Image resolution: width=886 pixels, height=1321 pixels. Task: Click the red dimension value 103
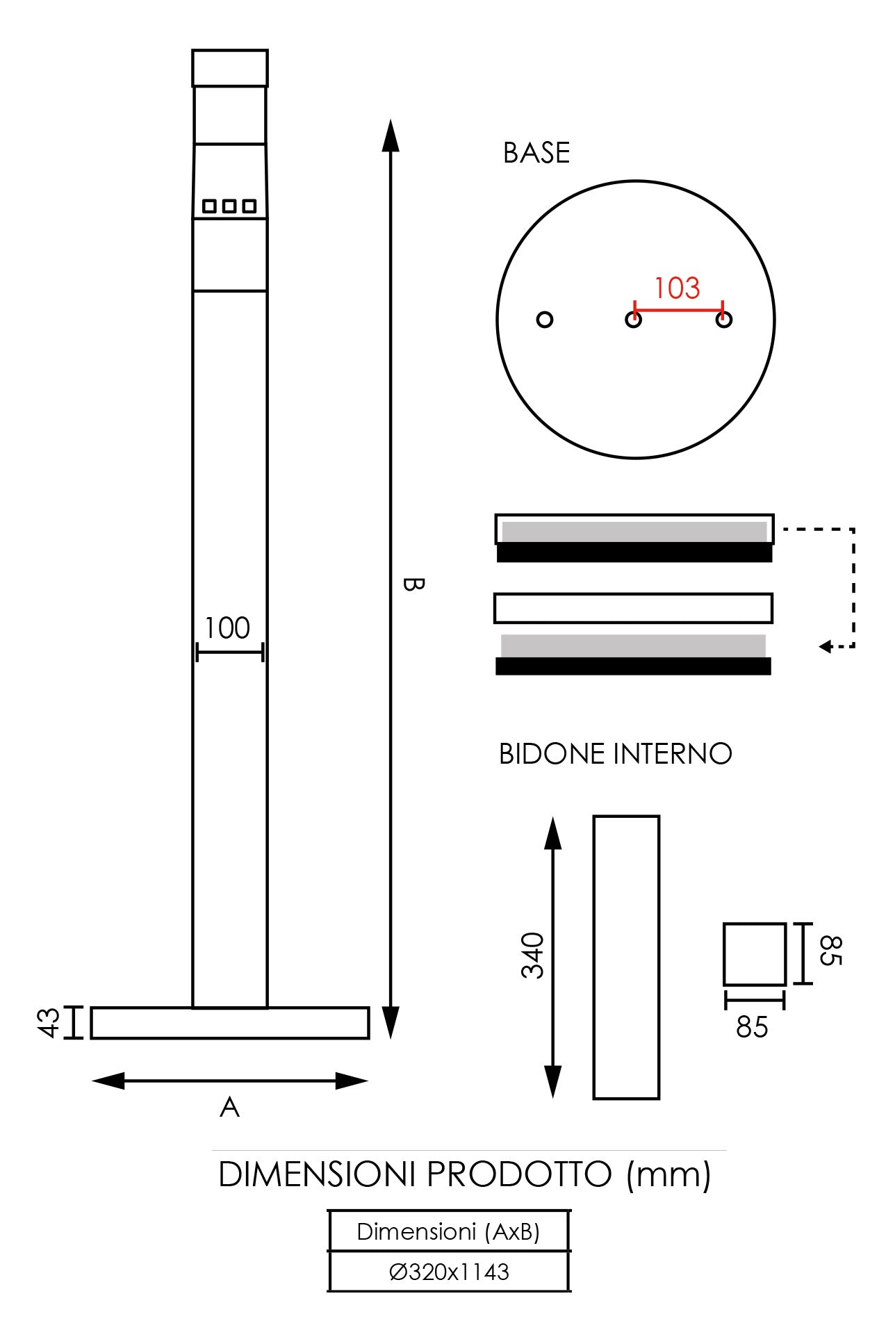(x=677, y=288)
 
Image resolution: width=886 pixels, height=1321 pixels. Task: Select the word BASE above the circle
(x=536, y=153)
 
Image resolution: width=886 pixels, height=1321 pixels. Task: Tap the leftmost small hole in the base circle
(x=545, y=320)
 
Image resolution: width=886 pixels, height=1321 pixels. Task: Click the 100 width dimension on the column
(x=227, y=628)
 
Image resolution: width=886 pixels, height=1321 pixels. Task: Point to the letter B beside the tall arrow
(x=412, y=584)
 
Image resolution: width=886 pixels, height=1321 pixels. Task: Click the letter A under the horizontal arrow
(x=229, y=1108)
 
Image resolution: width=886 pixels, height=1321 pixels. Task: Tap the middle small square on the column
(x=229, y=206)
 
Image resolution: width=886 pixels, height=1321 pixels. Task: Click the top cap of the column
(x=230, y=68)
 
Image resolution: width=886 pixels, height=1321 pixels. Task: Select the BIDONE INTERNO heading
(x=615, y=754)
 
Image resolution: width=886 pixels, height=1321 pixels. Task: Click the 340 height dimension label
(x=533, y=955)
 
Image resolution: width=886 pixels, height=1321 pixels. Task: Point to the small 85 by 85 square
(x=754, y=954)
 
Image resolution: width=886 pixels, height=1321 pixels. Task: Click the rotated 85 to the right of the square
(x=830, y=951)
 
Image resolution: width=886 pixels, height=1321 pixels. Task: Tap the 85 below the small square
(x=752, y=1027)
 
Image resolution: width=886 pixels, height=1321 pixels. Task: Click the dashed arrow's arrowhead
(x=825, y=647)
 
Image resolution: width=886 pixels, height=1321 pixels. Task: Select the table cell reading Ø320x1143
(x=449, y=1272)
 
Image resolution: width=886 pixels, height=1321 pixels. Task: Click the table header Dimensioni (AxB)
(x=448, y=1232)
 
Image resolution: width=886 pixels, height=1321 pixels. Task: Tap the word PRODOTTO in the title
(x=518, y=1175)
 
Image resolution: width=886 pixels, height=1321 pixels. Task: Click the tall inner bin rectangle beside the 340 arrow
(x=626, y=958)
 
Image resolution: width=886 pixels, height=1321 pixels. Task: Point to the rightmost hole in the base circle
(x=724, y=320)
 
